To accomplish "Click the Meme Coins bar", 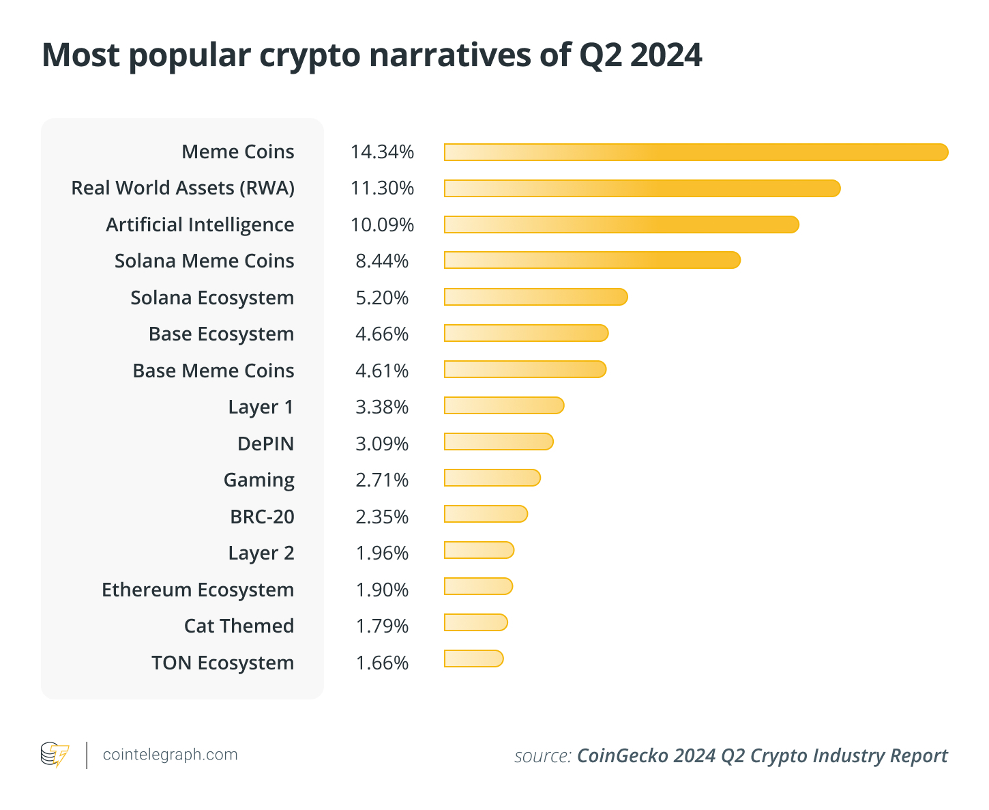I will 696,152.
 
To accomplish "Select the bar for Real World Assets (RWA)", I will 642,188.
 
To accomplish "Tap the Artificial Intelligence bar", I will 621,225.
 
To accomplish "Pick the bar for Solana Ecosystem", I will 535,297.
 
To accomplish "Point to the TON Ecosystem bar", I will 473,659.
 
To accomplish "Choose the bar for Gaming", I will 492,478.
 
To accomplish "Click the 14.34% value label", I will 382,152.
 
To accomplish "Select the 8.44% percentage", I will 382,261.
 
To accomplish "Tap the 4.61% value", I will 382,371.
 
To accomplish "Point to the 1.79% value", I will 382,626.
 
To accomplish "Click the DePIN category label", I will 265,444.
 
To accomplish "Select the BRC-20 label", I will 262,517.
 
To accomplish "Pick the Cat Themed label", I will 239,626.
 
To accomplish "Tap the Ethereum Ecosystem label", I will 198,590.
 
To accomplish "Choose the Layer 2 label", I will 261,553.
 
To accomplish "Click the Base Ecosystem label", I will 221,334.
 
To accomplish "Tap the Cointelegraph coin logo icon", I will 55,755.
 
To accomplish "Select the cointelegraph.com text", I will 170,755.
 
